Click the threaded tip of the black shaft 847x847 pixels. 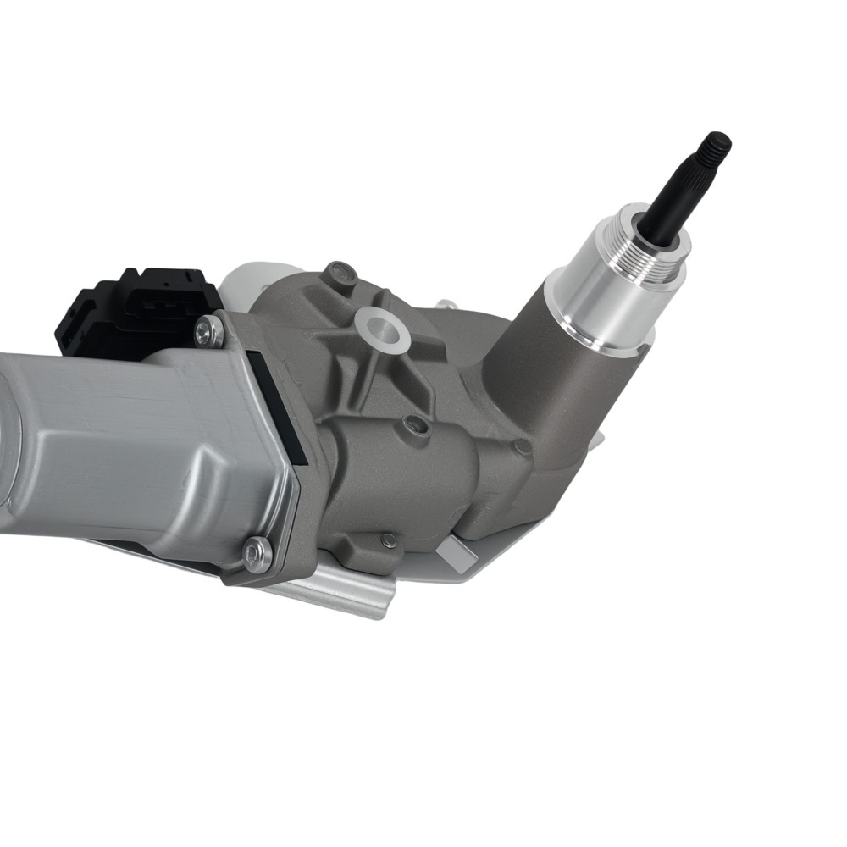point(717,147)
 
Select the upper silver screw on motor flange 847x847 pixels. point(208,331)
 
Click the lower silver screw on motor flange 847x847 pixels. point(257,554)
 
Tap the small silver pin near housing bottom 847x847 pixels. point(389,540)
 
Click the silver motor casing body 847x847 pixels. point(127,449)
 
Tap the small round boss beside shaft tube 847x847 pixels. point(523,447)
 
